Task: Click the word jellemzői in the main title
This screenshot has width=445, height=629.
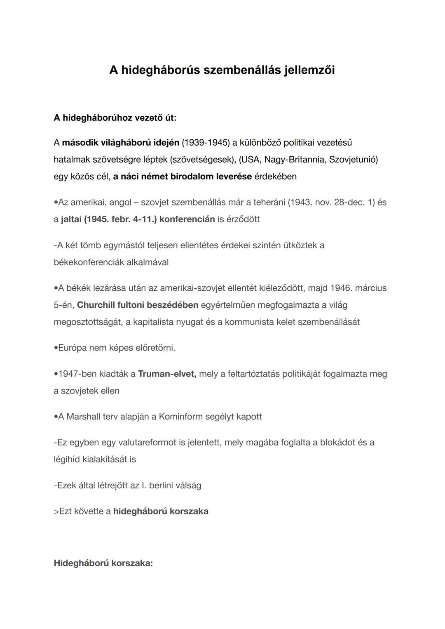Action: [x=309, y=70]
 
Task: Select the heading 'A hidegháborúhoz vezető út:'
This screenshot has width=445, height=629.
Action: [x=115, y=118]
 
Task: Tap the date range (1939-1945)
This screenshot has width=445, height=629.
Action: [x=206, y=143]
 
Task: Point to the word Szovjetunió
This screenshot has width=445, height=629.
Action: [x=353, y=160]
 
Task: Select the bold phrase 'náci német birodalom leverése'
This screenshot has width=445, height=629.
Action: [x=186, y=177]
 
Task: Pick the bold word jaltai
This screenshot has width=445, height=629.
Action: [x=71, y=219]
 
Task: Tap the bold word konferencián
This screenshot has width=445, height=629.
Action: [x=187, y=219]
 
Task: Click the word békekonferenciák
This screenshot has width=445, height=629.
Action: [x=88, y=262]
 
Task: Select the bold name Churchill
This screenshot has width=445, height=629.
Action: [x=96, y=305]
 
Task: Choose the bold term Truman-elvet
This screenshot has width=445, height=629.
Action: [x=167, y=374]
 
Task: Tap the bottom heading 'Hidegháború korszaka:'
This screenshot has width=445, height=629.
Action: [x=103, y=563]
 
